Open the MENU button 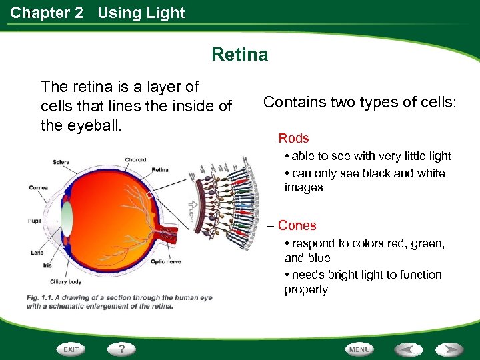tap(359, 349)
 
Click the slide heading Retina tap(240, 54)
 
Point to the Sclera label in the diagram tap(61, 162)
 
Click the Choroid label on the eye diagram tap(136, 159)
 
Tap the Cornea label tap(38, 187)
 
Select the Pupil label tap(35, 221)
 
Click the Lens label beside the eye tap(37, 253)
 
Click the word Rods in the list tap(293, 139)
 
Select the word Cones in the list tap(297, 226)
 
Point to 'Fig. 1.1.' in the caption tap(42, 297)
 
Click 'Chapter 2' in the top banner tap(47, 13)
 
